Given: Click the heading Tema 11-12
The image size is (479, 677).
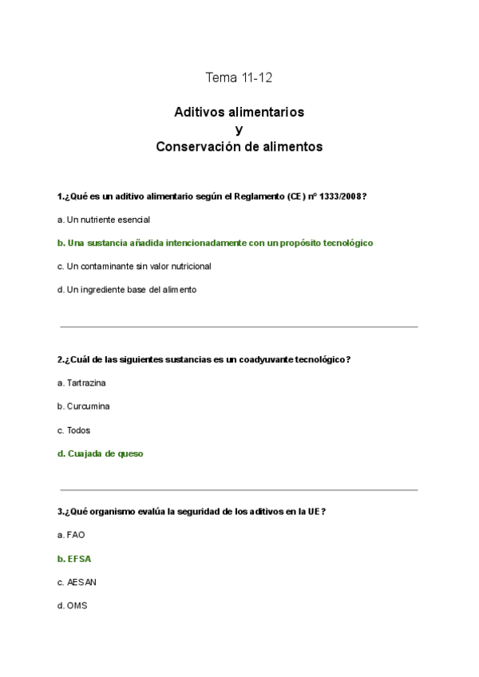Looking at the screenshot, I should [x=239, y=77].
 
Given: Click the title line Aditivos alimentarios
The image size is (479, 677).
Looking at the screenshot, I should [x=239, y=113].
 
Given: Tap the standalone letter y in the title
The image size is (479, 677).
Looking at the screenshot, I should [x=239, y=129].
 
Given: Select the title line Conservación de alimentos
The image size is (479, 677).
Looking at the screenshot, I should [x=239, y=147].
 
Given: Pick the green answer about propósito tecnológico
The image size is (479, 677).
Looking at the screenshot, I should [x=216, y=243].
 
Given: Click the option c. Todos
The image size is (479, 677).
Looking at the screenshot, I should [x=73, y=430].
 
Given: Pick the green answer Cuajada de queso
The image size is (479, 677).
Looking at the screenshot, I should [x=101, y=453].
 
